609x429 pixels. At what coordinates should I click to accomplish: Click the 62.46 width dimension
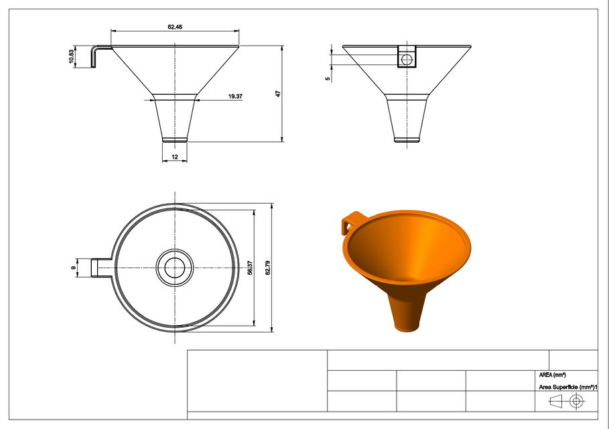tap(175, 27)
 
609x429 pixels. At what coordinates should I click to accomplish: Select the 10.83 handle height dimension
tap(71, 57)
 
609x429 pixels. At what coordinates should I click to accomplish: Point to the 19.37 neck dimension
tap(234, 97)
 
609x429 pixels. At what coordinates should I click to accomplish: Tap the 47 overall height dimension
tap(277, 94)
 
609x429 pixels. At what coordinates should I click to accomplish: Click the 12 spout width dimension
tap(175, 156)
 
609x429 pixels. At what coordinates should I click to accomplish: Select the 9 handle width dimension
tap(74, 269)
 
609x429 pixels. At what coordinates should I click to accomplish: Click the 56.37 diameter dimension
tap(249, 266)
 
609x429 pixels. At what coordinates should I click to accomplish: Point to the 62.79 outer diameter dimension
tap(267, 266)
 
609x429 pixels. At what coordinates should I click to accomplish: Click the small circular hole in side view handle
tap(407, 60)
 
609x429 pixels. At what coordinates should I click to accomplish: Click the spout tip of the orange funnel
tap(407, 326)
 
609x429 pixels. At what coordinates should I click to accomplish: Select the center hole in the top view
tap(175, 267)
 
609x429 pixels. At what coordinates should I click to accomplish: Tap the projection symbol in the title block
tap(565, 402)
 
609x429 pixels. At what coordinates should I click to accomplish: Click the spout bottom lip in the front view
tap(175, 139)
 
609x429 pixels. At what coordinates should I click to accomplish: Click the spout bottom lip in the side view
tap(407, 139)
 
